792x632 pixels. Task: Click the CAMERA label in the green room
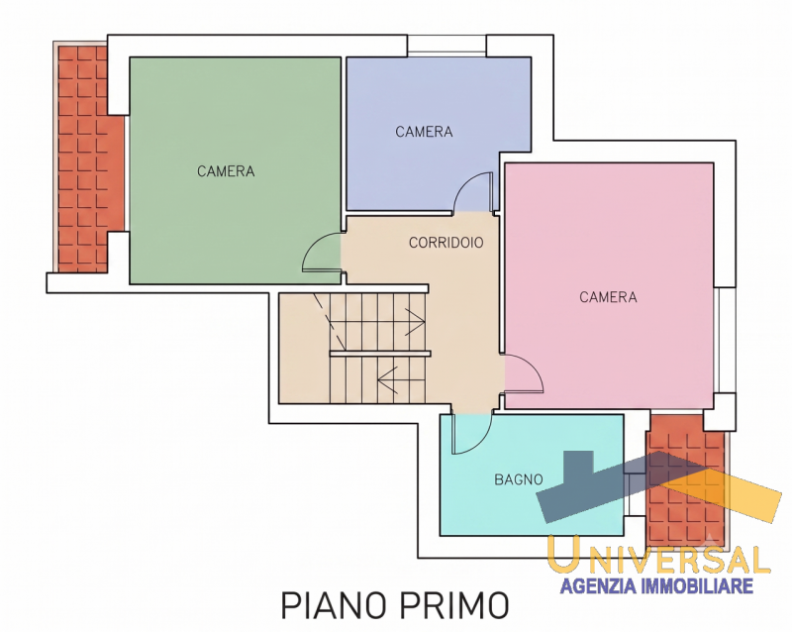(x=226, y=171)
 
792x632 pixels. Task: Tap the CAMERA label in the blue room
(x=424, y=132)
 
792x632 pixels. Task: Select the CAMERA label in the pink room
(x=608, y=297)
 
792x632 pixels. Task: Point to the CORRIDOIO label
(x=446, y=243)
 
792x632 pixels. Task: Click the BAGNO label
(x=519, y=479)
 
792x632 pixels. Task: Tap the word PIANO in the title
(x=335, y=604)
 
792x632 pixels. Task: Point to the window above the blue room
(x=446, y=44)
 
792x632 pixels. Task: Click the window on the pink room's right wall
(x=726, y=340)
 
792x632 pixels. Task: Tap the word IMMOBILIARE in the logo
(x=697, y=586)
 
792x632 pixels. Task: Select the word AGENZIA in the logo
(x=598, y=586)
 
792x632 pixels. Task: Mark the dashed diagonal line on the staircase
(x=330, y=322)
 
